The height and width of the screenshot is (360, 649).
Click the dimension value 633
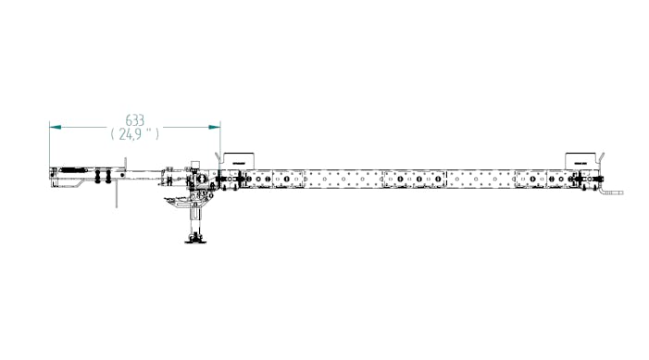click(x=135, y=120)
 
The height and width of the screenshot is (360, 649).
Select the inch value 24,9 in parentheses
click(x=134, y=133)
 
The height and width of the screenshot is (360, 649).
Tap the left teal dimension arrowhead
click(x=55, y=127)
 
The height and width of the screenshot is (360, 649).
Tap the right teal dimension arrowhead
click(x=215, y=127)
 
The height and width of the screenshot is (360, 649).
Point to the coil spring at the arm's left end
click(x=73, y=170)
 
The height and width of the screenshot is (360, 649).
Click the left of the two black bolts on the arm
click(x=98, y=176)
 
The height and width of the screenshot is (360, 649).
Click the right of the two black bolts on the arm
click(x=108, y=176)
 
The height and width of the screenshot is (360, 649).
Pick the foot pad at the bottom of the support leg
click(x=195, y=239)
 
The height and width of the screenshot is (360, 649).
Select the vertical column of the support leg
click(x=195, y=219)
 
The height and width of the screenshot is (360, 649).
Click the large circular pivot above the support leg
click(x=202, y=180)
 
